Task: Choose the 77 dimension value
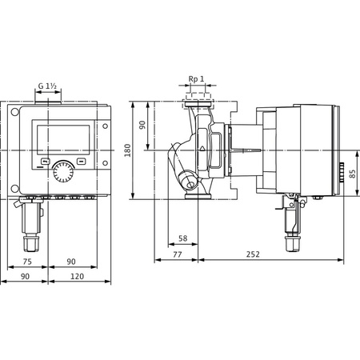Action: pos(177,254)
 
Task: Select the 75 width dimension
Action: pos(26,262)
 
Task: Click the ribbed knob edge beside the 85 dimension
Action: pos(339,173)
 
